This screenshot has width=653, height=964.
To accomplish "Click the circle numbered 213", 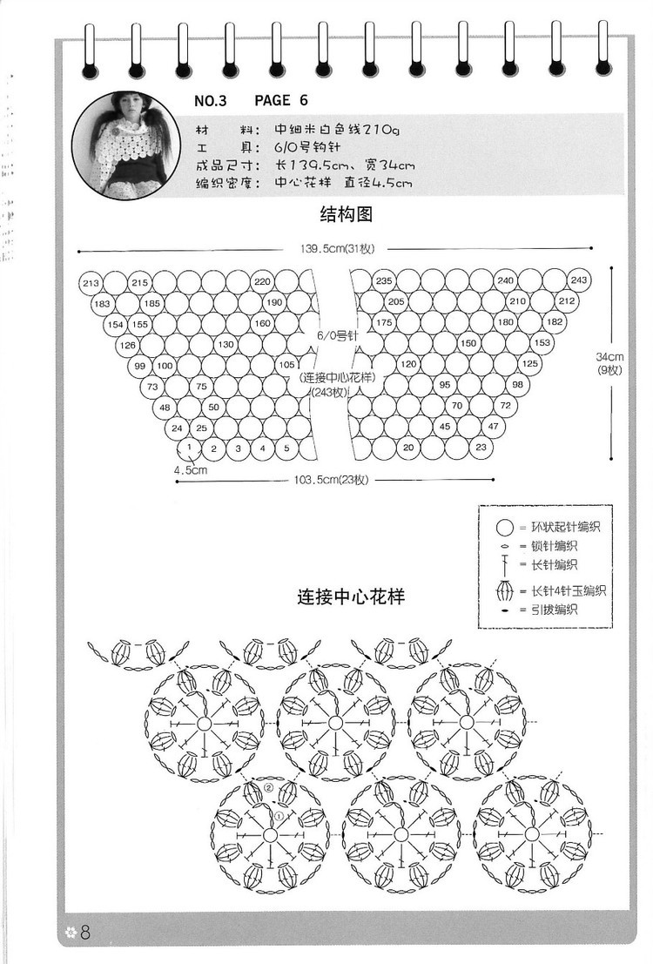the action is pos(90,283).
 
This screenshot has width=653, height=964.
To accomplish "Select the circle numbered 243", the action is pos(579,280).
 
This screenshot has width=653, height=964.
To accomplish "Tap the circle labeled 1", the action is pos(188,448).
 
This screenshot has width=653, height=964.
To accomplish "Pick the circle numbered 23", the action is pos(481,448).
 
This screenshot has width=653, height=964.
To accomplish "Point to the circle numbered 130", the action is pos(226,345).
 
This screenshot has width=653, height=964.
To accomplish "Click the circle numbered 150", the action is pos(468,343).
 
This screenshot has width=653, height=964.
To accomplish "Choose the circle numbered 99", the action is pos(140,366).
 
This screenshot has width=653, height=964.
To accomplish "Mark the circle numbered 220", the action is pos(262,282).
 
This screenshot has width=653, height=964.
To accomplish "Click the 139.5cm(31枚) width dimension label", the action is pos(337,249).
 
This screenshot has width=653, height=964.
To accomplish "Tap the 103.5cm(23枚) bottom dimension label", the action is pos(334,480).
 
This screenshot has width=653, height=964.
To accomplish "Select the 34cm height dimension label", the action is pos(616,356).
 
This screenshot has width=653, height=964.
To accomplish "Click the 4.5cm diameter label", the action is pos(190,470).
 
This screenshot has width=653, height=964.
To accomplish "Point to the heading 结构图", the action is pos(346,214).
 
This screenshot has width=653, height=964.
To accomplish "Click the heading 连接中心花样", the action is pos(350,598).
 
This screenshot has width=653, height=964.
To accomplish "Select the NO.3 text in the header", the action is pos(210,101).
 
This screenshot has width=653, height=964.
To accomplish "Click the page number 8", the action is pos(85,933).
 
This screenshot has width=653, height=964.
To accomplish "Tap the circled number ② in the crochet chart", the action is pos(268,788).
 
